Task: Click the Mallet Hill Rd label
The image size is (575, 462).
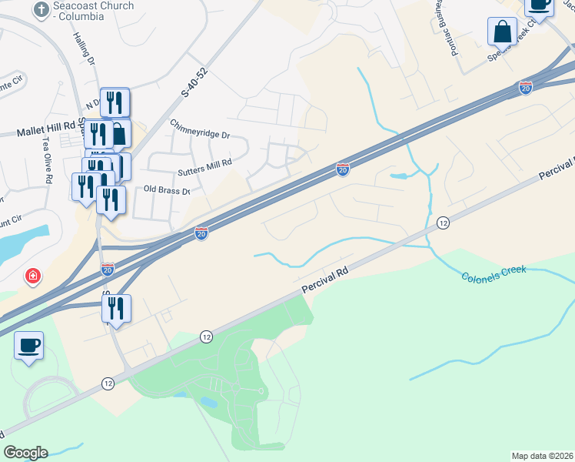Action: point(47,132)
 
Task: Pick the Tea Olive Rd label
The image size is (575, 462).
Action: point(48,160)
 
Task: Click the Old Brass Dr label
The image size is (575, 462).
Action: point(166,189)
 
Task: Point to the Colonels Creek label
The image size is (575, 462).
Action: point(494,275)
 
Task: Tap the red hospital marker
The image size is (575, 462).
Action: point(32,276)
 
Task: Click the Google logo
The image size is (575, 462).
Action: point(25,453)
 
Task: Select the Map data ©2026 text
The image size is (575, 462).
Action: point(541,456)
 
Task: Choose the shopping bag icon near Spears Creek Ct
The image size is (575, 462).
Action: point(502,32)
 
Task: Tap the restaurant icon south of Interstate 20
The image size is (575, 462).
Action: point(116,308)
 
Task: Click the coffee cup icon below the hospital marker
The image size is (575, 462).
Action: point(28,345)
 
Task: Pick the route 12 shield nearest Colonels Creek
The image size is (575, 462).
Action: point(443,223)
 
